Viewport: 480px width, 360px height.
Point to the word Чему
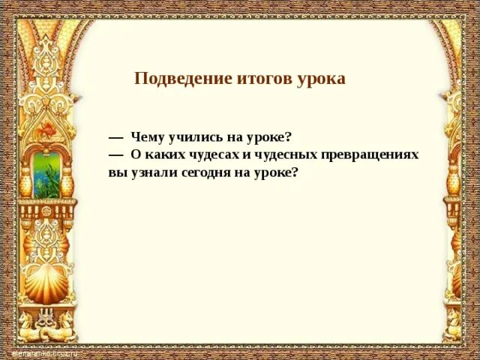click(146, 137)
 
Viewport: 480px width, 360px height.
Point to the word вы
click(115, 172)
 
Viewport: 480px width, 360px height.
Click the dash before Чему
click(115, 138)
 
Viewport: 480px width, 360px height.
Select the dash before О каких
click(115, 155)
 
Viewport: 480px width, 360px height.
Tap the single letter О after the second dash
click(136, 154)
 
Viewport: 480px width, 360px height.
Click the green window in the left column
click(46, 175)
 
